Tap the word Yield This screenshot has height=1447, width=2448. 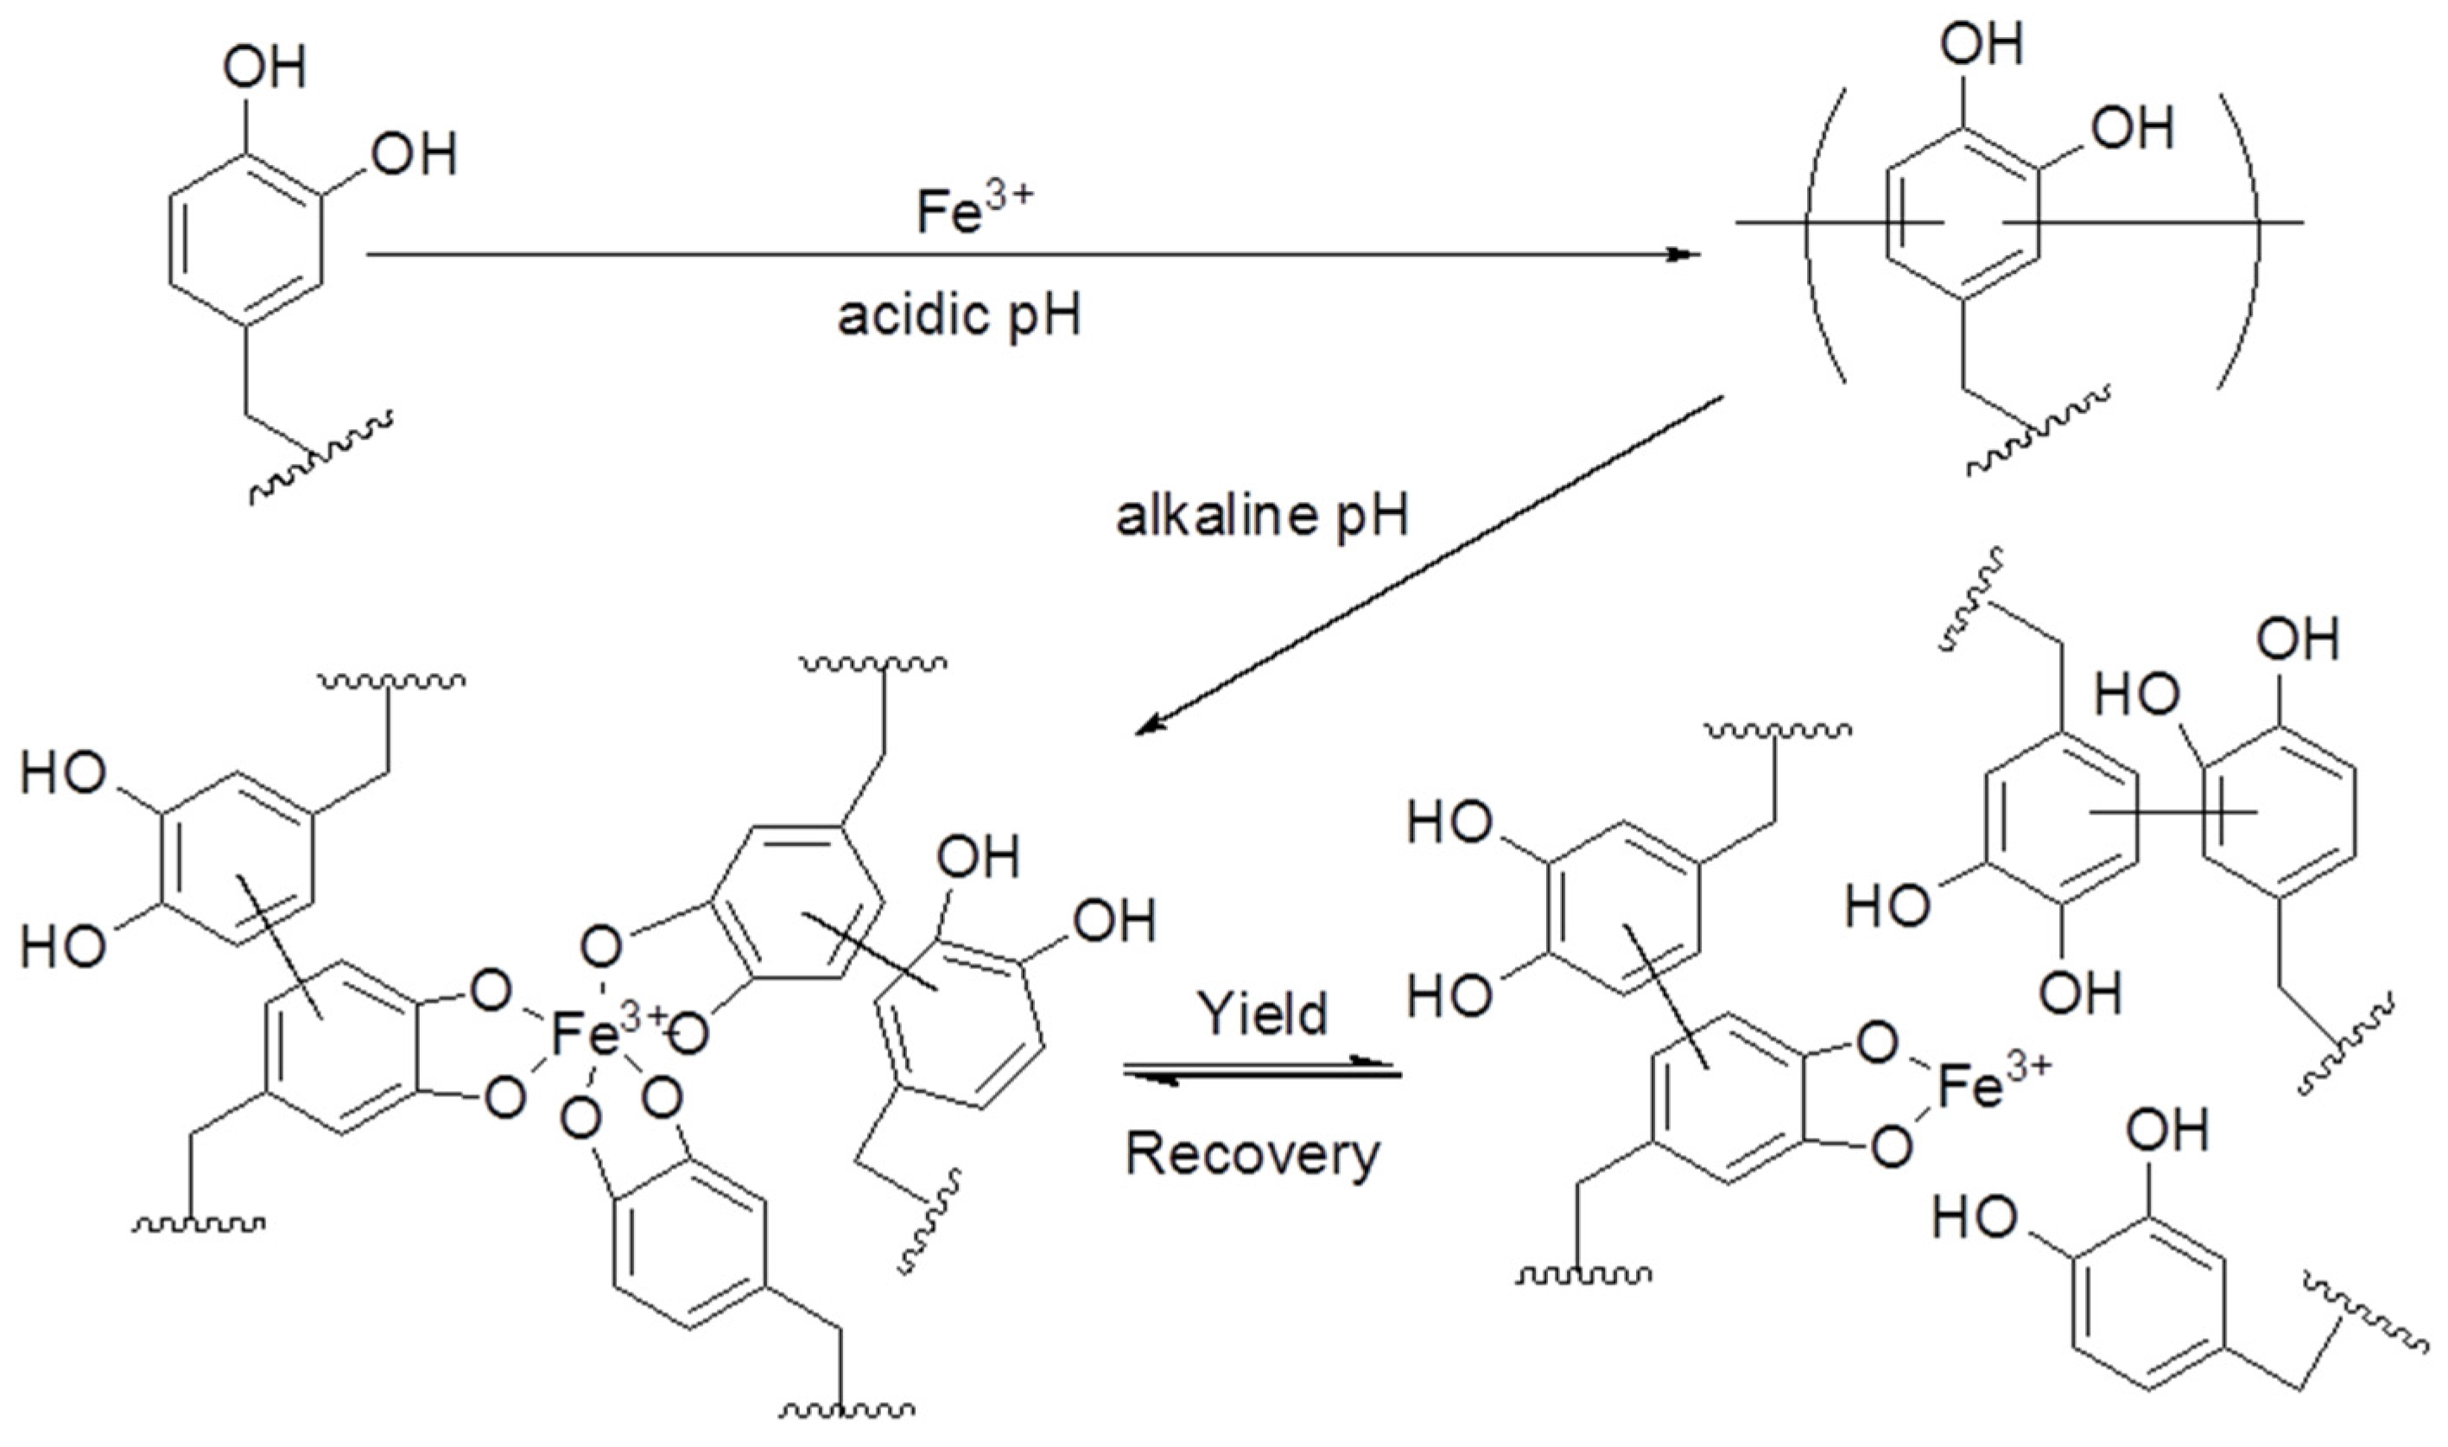pos(1263,1013)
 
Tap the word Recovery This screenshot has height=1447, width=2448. pos(1253,1153)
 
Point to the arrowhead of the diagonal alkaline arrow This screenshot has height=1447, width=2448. pos(1151,726)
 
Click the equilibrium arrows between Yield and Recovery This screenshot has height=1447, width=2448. pos(1263,1073)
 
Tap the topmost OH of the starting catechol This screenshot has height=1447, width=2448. pos(264,67)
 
